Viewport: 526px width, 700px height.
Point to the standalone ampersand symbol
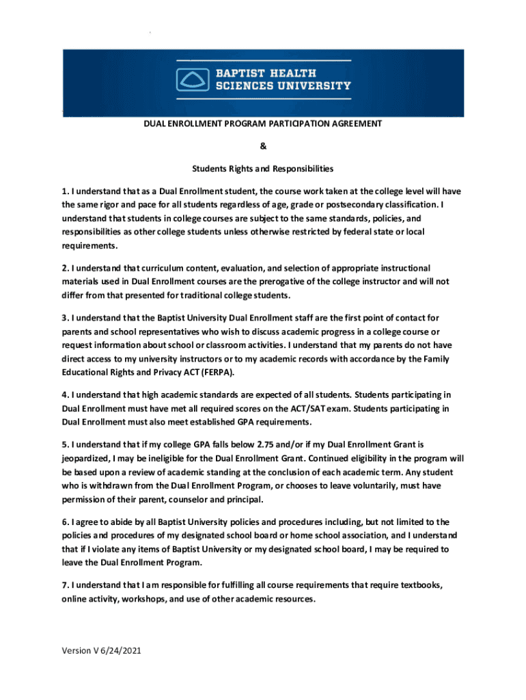(262, 146)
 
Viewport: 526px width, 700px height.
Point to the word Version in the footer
(76, 651)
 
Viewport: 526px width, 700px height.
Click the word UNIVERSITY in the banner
(312, 86)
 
